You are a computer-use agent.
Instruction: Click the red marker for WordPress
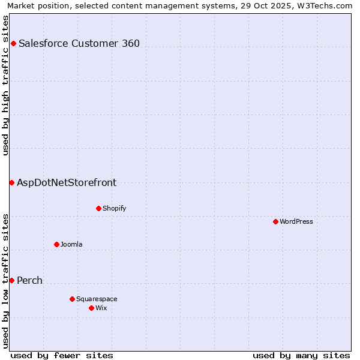coord(275,221)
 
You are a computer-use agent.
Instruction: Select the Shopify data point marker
coord(98,208)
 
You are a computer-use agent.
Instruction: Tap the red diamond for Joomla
coord(56,244)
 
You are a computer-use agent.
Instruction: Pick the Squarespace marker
coord(72,299)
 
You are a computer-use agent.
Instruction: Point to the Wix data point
coord(91,308)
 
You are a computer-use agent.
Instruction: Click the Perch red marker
coord(11,280)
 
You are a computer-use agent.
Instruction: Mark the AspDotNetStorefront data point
coord(11,182)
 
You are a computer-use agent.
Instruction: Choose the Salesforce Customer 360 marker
coord(13,43)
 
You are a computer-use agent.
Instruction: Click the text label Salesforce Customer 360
coord(79,43)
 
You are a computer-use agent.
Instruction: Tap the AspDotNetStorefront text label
coord(67,182)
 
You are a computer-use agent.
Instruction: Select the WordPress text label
coord(296,221)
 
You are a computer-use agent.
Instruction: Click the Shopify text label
coord(114,208)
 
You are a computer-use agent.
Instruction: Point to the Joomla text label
coord(71,244)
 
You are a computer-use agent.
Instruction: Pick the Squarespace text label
coord(97,299)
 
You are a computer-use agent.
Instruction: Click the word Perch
coord(29,280)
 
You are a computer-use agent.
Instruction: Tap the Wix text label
coord(101,308)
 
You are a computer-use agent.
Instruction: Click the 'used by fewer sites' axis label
coord(62,355)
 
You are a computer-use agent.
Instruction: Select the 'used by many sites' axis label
coord(301,355)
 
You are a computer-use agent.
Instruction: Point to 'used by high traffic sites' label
coord(5,85)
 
